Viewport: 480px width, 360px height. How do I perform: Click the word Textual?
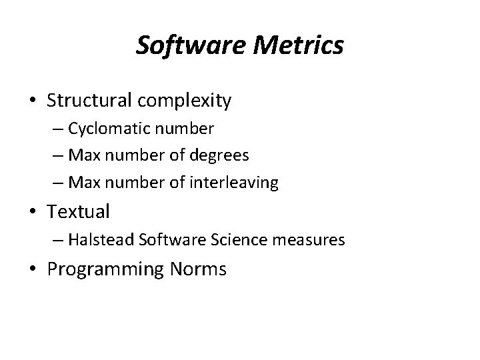(x=78, y=212)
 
